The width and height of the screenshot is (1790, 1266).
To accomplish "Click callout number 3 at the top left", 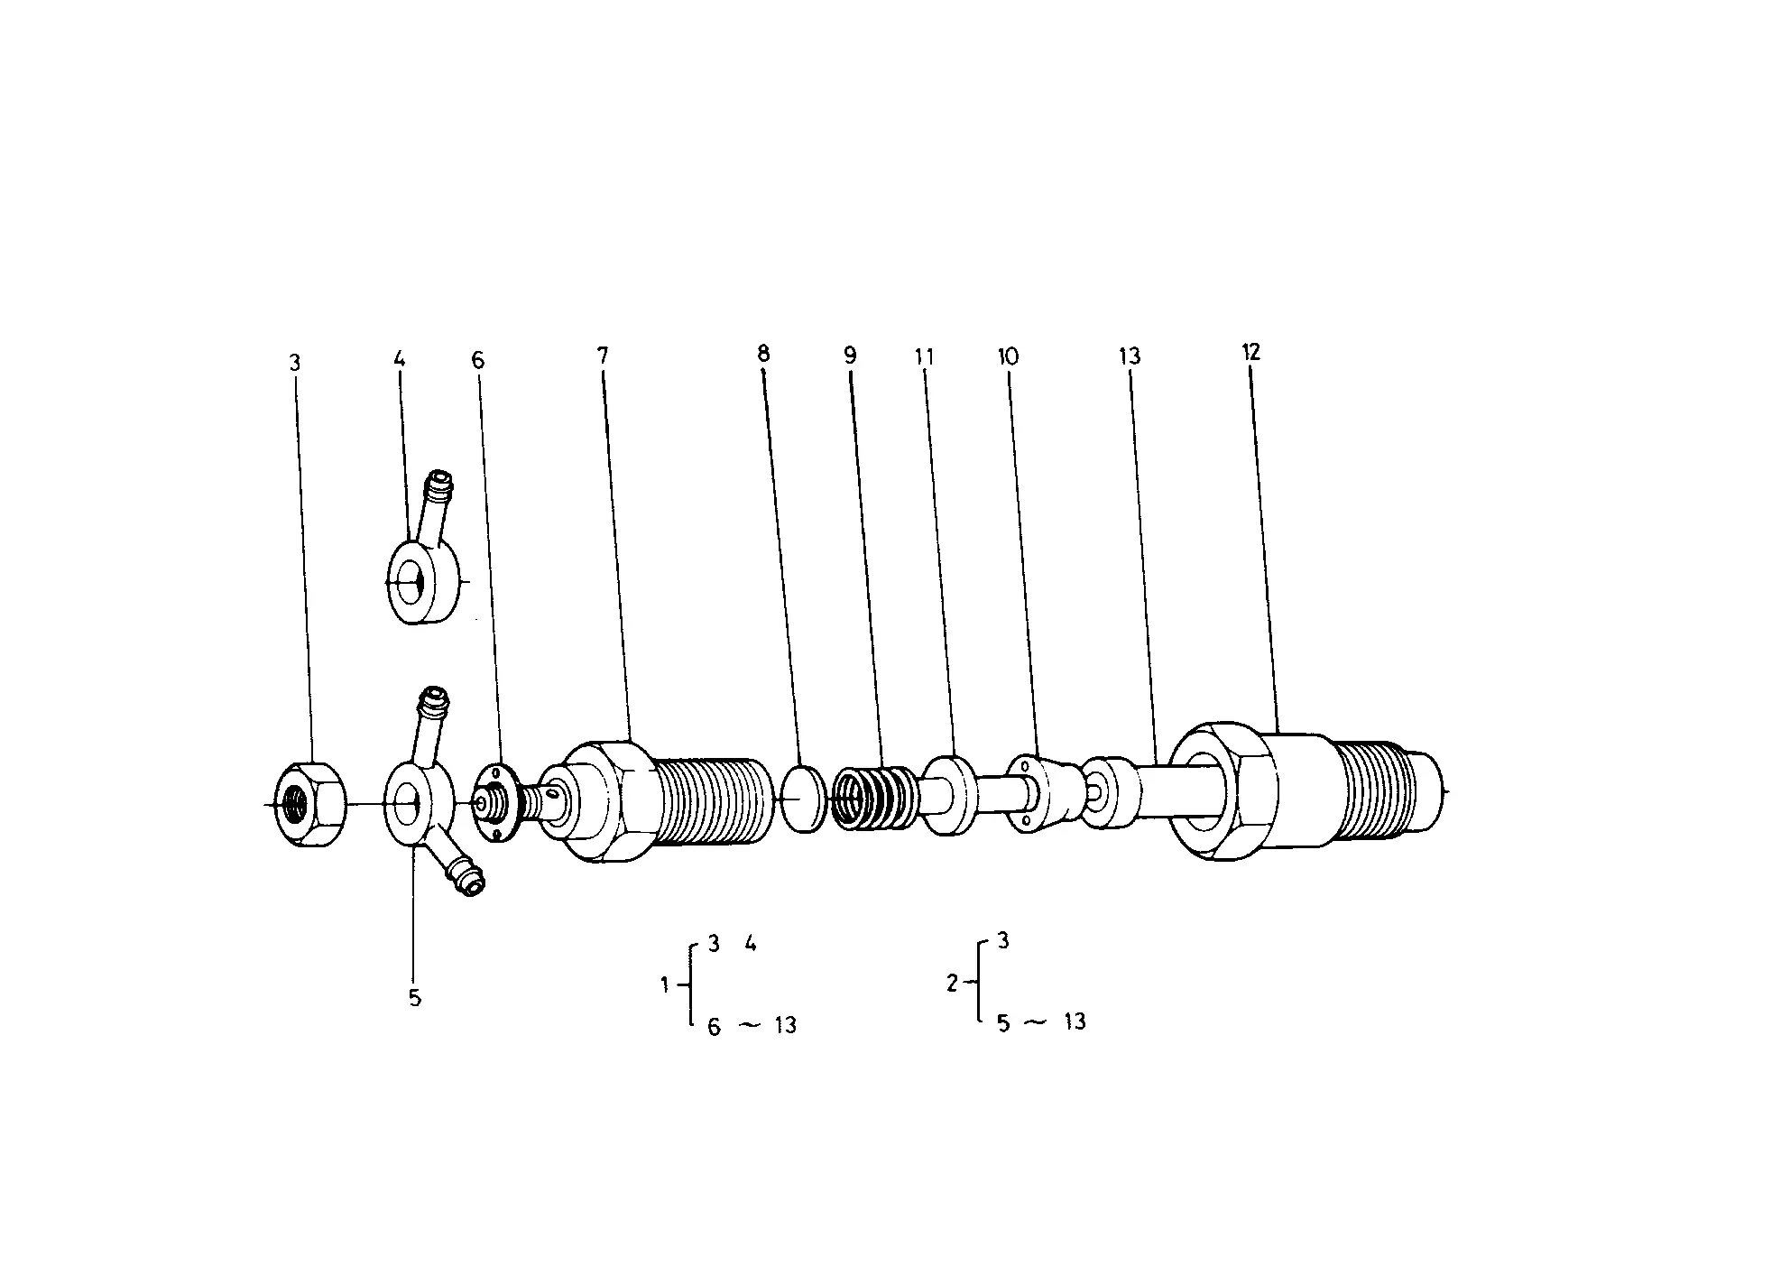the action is tap(294, 363).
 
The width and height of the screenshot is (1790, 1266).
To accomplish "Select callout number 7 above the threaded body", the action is tap(603, 356).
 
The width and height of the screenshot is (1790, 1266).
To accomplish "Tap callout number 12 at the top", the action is tap(1250, 352).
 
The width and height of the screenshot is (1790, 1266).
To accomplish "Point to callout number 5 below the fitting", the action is tap(415, 999).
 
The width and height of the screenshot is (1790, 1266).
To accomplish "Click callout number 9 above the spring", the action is tap(851, 356).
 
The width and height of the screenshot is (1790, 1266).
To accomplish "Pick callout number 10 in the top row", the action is tap(1008, 356).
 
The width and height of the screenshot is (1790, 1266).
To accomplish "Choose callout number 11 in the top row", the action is tap(924, 356).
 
